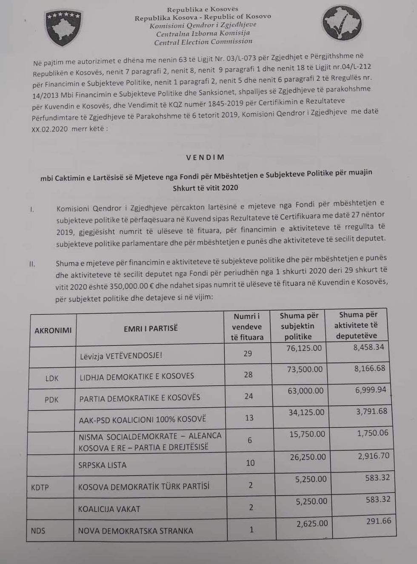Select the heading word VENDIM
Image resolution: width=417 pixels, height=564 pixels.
pyautogui.click(x=205, y=157)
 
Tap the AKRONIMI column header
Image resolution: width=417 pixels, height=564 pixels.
pyautogui.click(x=53, y=330)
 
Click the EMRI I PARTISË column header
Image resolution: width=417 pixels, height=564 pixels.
pyautogui.click(x=151, y=328)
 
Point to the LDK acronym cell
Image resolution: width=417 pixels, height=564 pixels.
pyautogui.click(x=52, y=378)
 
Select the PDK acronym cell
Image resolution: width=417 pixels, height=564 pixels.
pyautogui.click(x=51, y=399)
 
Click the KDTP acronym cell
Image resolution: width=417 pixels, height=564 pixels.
pyautogui.click(x=40, y=487)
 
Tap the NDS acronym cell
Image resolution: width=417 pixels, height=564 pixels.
pyautogui.click(x=38, y=530)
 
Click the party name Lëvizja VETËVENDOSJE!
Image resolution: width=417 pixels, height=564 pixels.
pyautogui.click(x=121, y=355)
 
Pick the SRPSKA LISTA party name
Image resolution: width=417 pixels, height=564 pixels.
pyautogui.click(x=102, y=465)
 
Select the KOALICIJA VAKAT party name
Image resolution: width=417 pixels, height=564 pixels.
pyautogui.click(x=109, y=509)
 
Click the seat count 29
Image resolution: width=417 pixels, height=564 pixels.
pyautogui.click(x=248, y=353)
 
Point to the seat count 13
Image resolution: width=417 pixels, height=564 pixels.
pyautogui.click(x=249, y=418)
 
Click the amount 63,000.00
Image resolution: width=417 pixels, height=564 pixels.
pyautogui.click(x=306, y=391)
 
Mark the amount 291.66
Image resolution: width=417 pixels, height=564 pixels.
pyautogui.click(x=378, y=521)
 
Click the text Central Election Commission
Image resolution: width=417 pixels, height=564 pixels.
pyautogui.click(x=203, y=42)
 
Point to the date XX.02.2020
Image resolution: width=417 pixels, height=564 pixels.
pyautogui.click(x=49, y=129)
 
